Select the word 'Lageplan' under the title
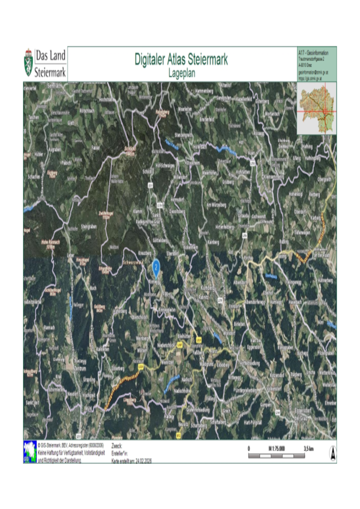click(181, 72)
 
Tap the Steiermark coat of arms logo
click(28, 63)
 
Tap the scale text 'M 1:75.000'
click(277, 447)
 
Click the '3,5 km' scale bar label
click(308, 447)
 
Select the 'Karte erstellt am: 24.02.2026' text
click(132, 460)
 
